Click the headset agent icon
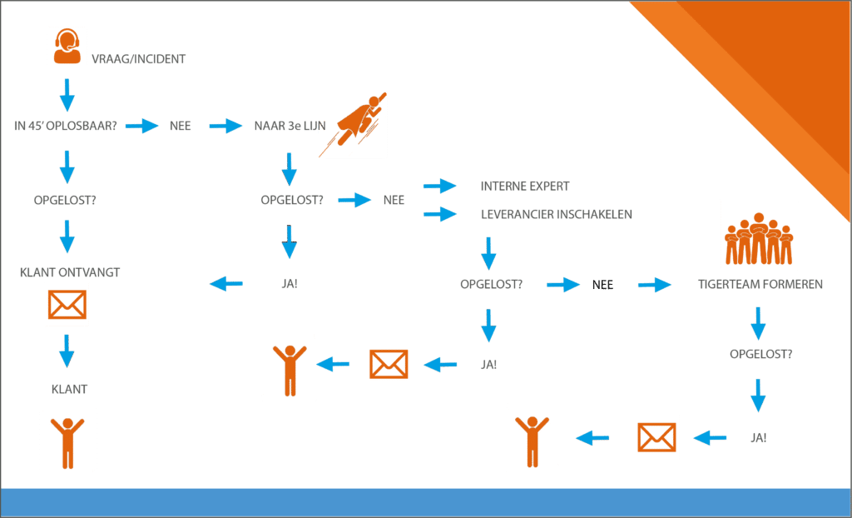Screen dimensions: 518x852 [67, 46]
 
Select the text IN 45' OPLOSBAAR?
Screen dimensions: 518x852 [66, 126]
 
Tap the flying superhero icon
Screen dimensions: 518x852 [354, 124]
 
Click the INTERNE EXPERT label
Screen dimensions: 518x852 [524, 186]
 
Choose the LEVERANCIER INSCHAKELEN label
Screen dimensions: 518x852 [556, 215]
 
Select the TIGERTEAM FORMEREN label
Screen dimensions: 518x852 [760, 284]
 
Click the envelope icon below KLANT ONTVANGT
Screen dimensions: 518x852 [67, 304]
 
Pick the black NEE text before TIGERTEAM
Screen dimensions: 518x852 [602, 285]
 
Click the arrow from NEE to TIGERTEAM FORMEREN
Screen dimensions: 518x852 [655, 285]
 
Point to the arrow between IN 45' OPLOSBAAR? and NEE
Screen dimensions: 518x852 [141, 126]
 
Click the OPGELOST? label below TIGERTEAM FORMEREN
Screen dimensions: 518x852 [760, 354]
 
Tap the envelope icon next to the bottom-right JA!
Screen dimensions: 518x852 [656, 437]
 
